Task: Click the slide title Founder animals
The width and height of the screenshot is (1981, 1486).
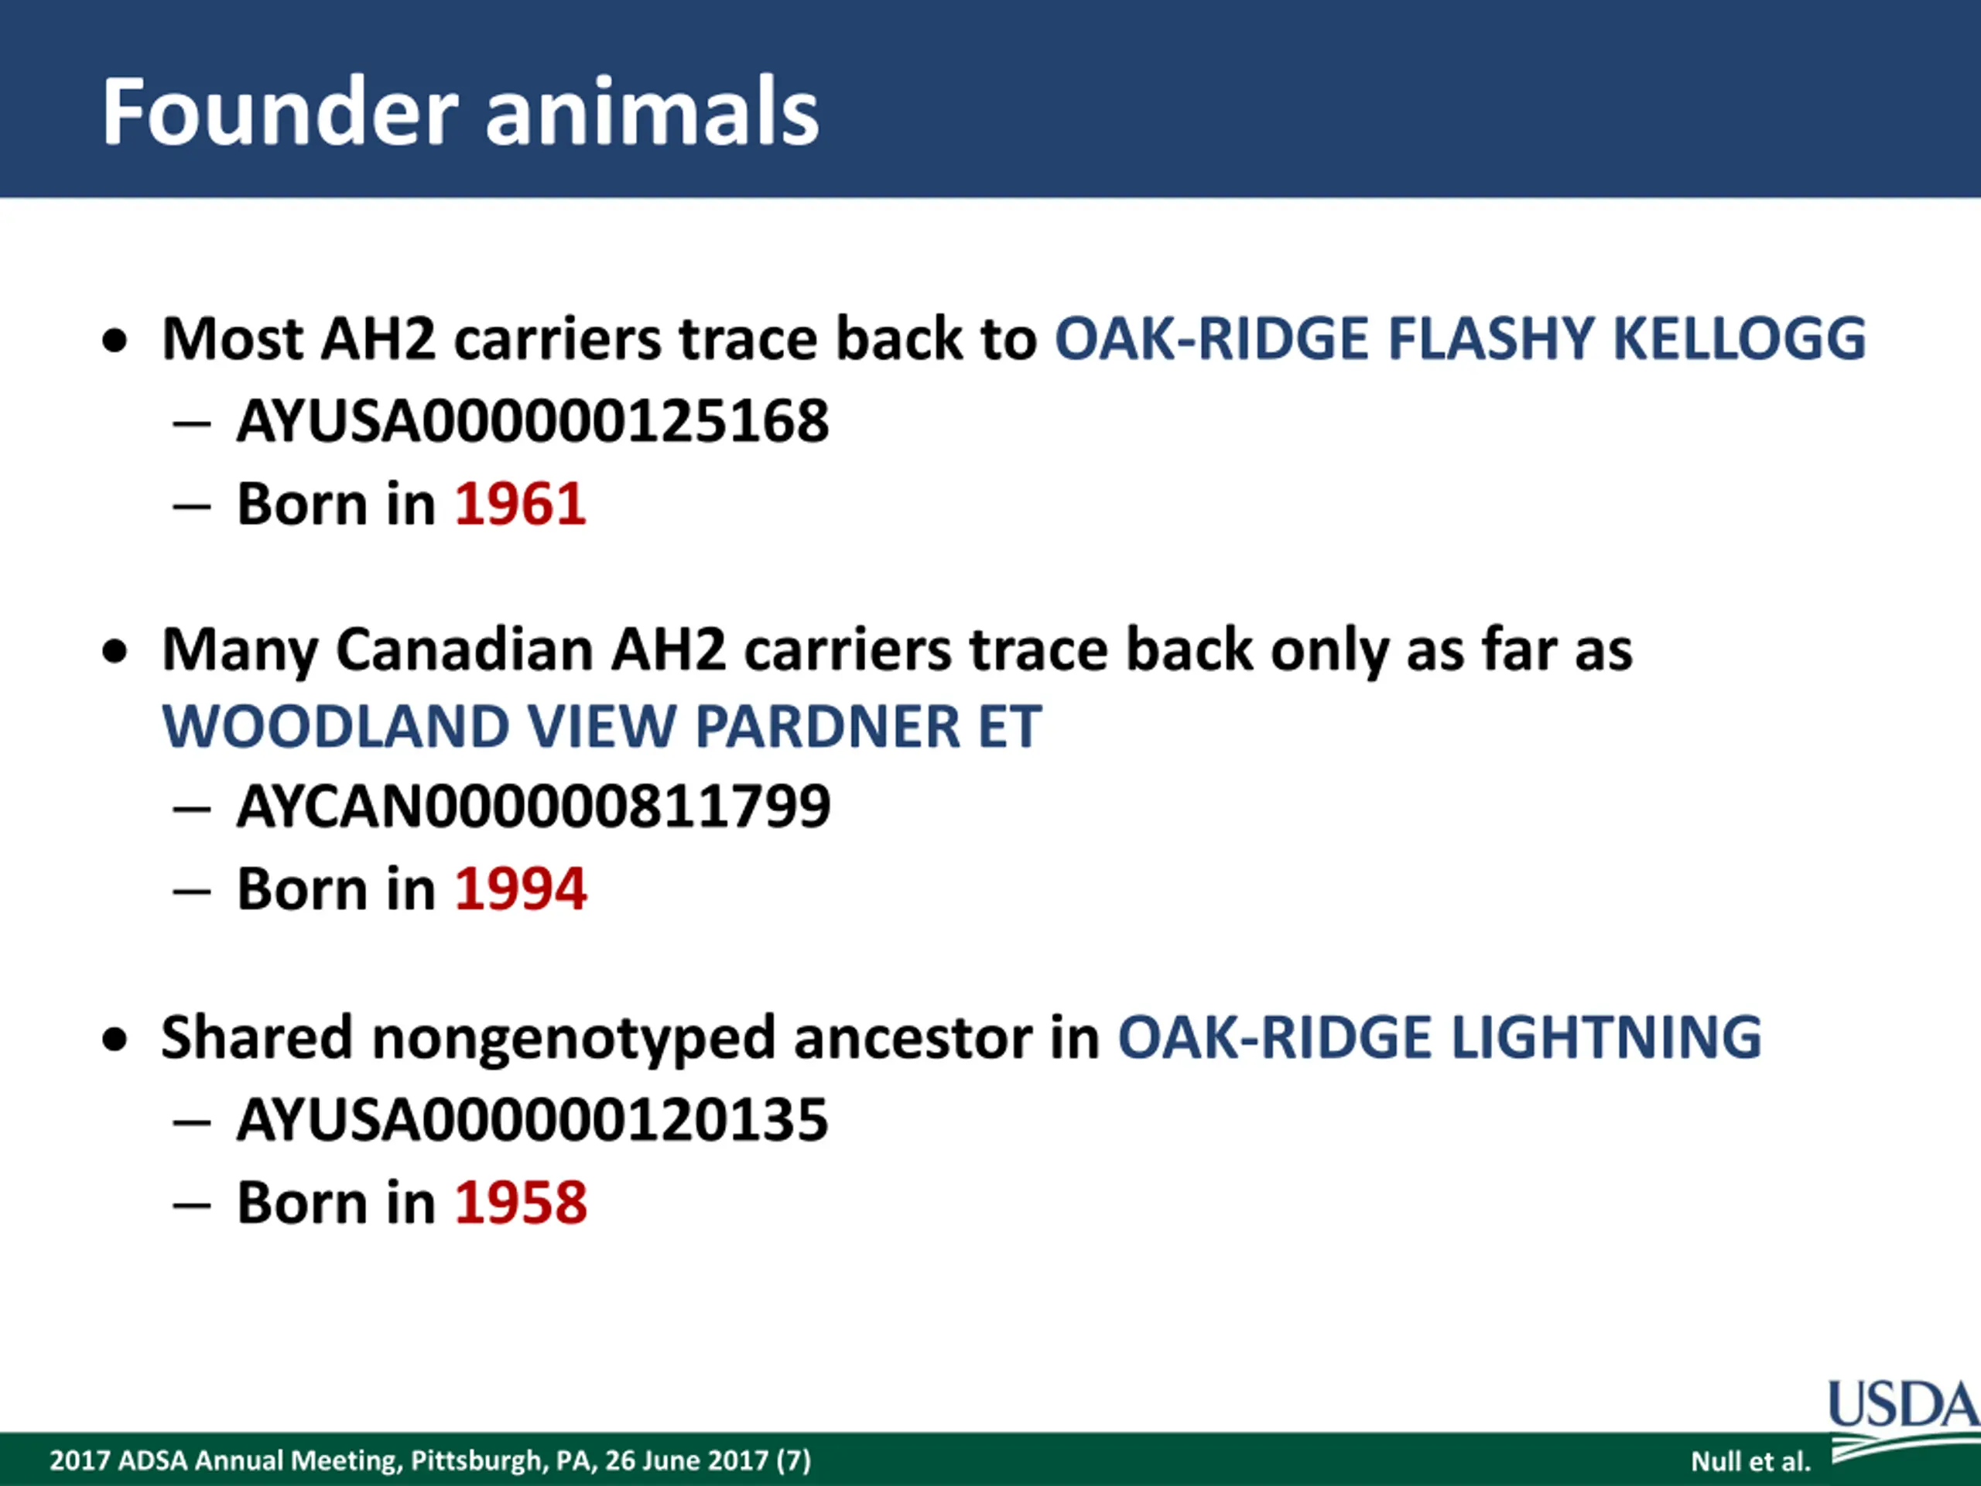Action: tap(460, 112)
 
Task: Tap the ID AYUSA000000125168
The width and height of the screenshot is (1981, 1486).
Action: tap(533, 421)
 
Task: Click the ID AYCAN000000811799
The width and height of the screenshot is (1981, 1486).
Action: tap(534, 806)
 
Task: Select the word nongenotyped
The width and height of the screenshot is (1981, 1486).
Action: tap(573, 1038)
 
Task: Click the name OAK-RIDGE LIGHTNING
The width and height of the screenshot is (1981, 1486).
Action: tap(1440, 1037)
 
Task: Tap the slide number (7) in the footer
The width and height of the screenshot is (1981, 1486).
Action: tap(793, 1461)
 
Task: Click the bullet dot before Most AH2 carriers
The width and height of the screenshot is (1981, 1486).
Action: tap(115, 341)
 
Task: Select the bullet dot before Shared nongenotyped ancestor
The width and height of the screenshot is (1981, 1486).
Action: tap(115, 1040)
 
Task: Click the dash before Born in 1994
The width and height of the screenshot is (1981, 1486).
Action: tap(192, 892)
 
